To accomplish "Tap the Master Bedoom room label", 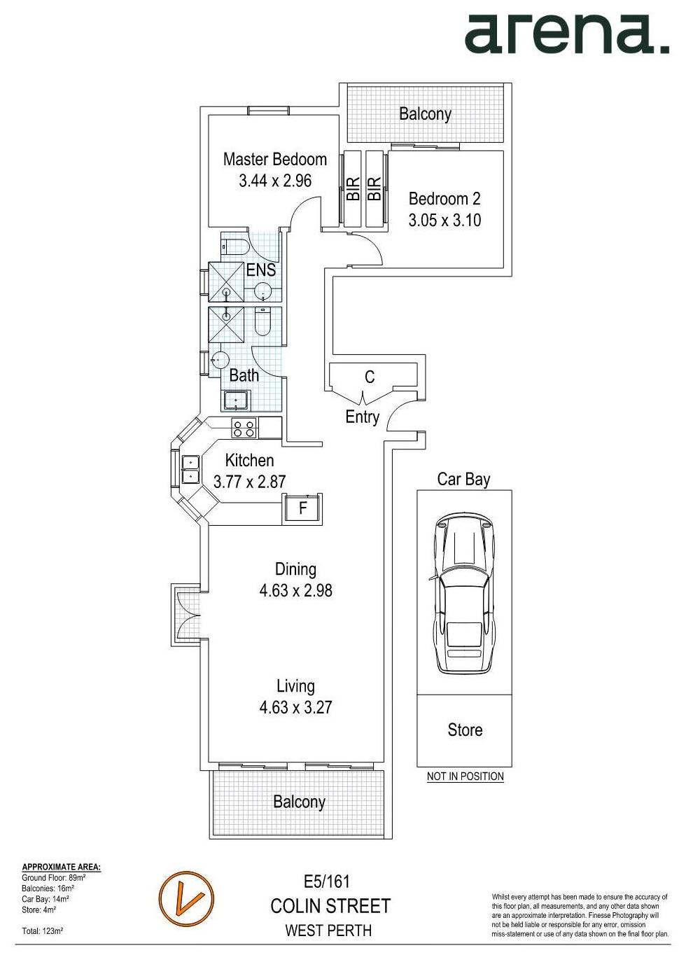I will tap(274, 160).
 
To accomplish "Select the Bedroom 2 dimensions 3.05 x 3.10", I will tap(444, 220).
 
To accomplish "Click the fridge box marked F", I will tap(302, 508).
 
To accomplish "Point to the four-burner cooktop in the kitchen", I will tap(244, 428).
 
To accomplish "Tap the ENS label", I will tap(260, 270).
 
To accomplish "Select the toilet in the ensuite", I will tap(234, 246).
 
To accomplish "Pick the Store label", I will tap(465, 730).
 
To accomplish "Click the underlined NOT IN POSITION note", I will tap(465, 776).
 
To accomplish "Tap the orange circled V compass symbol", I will tap(186, 899).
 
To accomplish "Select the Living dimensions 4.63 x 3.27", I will tap(295, 707).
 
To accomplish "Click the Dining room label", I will tap(295, 569).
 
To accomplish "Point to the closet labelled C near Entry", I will tap(370, 377).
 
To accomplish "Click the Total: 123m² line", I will tap(43, 930).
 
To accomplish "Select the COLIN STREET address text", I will tap(330, 906).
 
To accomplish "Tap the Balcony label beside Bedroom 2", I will tap(425, 113).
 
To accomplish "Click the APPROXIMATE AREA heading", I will tap(61, 867).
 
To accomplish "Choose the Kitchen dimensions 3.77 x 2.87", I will tap(249, 482).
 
